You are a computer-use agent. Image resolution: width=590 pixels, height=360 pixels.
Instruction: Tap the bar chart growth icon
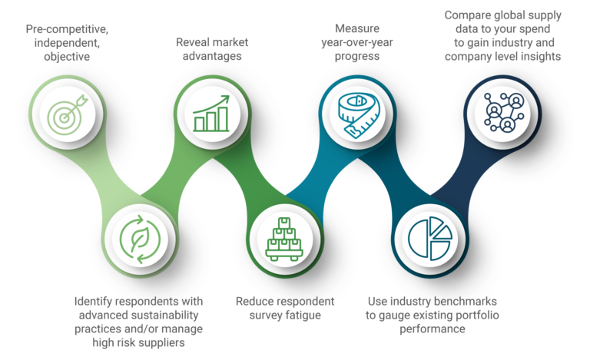coord(211,114)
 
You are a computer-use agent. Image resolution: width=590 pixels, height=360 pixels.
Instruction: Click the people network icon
coord(504,112)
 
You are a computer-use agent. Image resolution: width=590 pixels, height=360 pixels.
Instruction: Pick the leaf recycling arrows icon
coord(140,239)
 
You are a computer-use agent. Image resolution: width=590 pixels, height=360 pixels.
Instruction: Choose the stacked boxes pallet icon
coord(284,239)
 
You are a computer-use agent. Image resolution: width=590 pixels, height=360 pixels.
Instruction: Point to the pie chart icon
coord(430,238)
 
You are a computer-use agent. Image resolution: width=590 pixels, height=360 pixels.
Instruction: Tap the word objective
coord(67,57)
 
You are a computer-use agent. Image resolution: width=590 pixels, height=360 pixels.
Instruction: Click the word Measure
coord(357,28)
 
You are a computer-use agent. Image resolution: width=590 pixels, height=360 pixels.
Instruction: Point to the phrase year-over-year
coord(357,42)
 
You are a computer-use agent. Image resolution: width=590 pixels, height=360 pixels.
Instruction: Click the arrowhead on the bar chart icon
coord(224,100)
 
